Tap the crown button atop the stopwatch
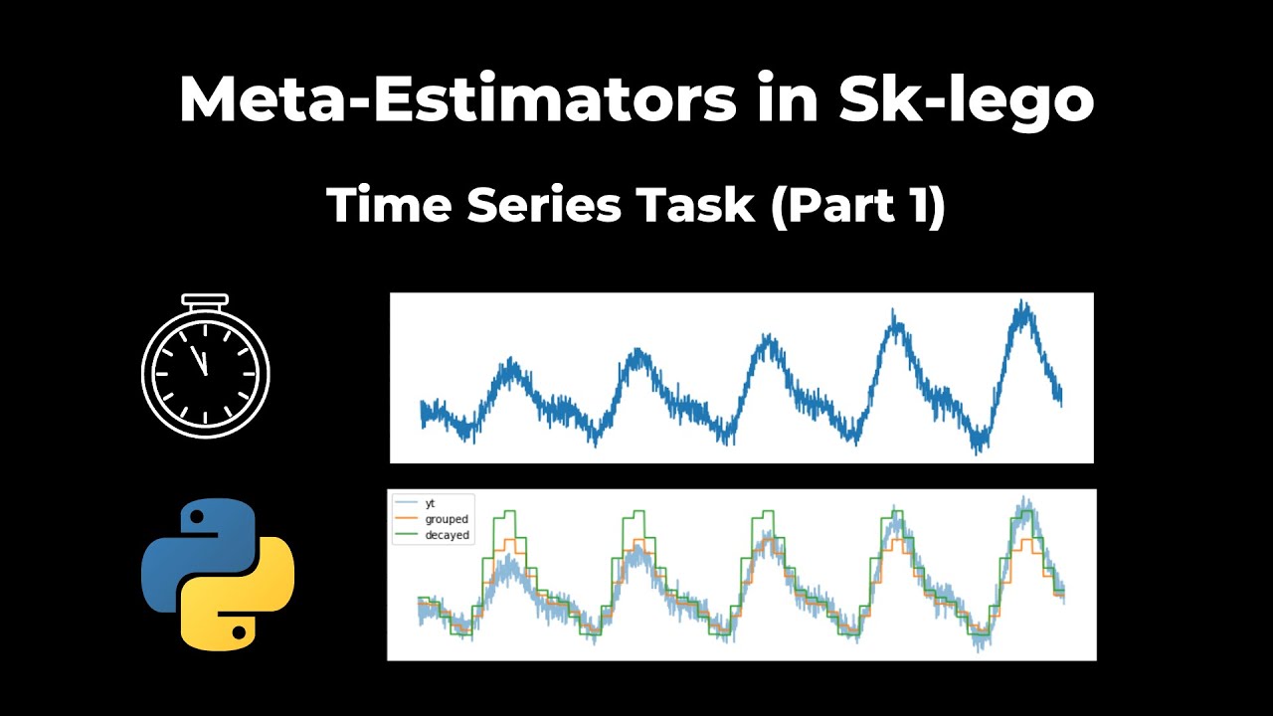coord(205,299)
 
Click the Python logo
coord(218,574)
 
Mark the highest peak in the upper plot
coord(1021,303)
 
